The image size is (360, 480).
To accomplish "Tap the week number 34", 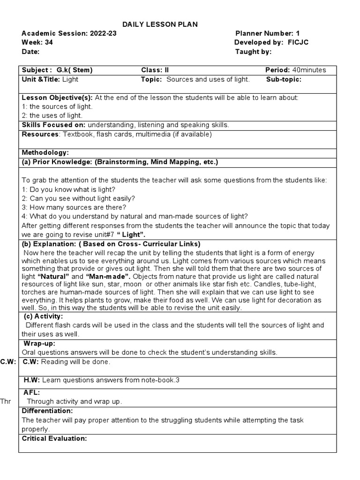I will coord(46,42).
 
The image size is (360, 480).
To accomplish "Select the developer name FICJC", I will coord(298,42).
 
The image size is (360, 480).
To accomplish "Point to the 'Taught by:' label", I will coord(253,52).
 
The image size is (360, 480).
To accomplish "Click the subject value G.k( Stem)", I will coord(75,70).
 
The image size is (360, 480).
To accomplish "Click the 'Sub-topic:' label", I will coord(284,79).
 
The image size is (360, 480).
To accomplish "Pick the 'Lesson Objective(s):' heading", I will coord(57,97).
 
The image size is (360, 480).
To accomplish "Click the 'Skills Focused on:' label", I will coord(53,125).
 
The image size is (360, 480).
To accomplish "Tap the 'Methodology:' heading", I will coord(45,152).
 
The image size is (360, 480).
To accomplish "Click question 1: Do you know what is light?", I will coord(68,189).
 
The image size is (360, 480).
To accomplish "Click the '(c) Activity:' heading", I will coord(45,316).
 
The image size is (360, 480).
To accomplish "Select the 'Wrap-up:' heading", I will coord(40,343).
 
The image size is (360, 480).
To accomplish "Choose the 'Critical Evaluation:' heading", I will coord(54,438).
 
